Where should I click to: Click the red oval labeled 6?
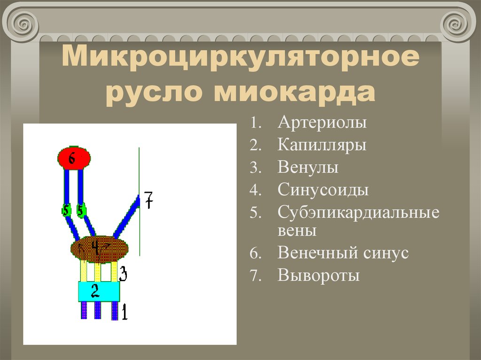(74, 158)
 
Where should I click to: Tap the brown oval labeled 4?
(99, 249)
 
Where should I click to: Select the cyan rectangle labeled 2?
(99, 291)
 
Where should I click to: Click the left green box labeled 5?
(66, 211)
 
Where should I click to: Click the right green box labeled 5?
(81, 211)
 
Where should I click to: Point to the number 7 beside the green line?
(148, 200)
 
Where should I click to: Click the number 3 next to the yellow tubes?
(123, 273)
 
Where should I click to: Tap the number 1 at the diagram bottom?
(124, 312)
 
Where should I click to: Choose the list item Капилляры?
(322, 145)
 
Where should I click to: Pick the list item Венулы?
(308, 168)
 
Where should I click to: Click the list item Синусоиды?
(323, 190)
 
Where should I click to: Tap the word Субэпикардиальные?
(358, 212)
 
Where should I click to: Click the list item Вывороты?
(318, 275)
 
